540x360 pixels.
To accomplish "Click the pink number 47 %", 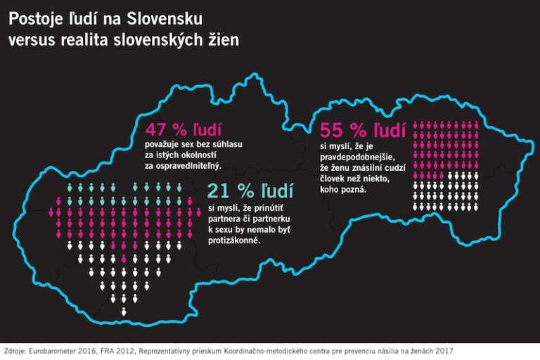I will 167,129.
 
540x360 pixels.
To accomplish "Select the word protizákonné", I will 235,240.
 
